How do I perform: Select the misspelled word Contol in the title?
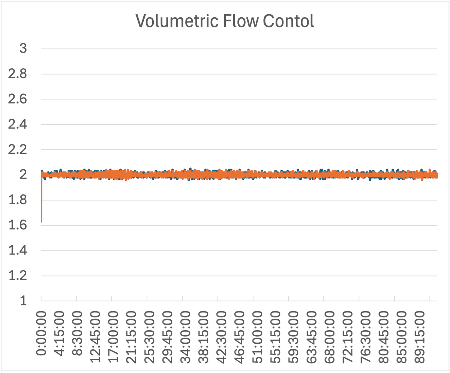point(288,21)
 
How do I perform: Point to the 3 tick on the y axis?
point(23,49)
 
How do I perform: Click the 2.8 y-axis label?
point(19,74)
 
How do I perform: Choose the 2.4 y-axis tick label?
point(19,125)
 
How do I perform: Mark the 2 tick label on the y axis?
point(23,175)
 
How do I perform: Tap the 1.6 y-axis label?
point(19,225)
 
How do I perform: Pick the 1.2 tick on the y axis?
point(19,276)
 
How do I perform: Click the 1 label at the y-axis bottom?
point(23,301)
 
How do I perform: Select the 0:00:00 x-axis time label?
point(42,332)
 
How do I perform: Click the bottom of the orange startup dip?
point(41,221)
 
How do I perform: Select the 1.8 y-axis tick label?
point(19,200)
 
